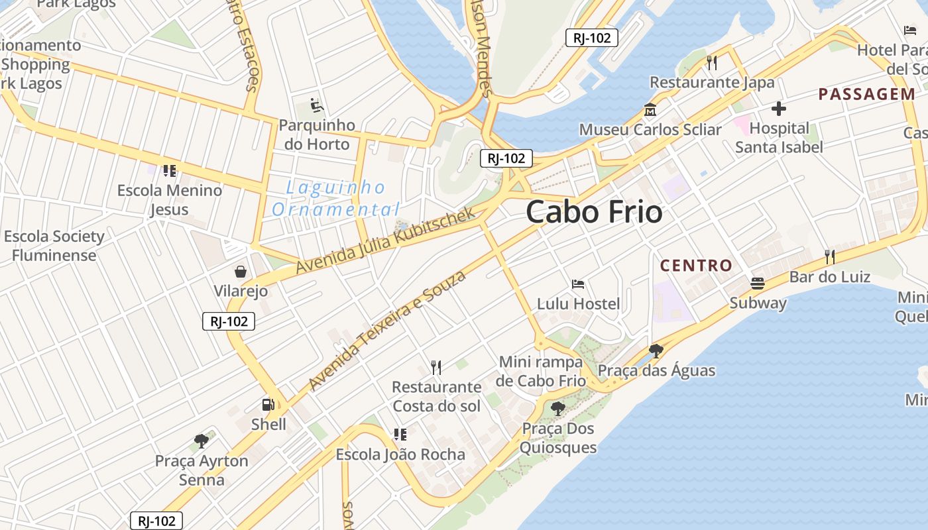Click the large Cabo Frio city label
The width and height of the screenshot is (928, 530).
[594, 212]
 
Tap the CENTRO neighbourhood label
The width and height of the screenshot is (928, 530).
[696, 266]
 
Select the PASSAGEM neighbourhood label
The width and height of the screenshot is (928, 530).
[867, 94]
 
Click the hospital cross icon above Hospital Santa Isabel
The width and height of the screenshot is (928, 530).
[779, 108]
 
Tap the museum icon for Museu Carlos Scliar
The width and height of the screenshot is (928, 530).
[650, 110]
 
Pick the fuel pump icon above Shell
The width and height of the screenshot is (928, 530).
[268, 404]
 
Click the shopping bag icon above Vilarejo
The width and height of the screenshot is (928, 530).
[240, 272]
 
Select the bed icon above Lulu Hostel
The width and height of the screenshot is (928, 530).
[578, 284]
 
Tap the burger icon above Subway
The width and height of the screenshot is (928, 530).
[758, 284]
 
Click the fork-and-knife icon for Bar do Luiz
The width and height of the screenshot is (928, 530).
[829, 256]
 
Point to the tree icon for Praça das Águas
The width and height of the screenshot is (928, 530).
[656, 350]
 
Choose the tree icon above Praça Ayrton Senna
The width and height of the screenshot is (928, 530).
[202, 441]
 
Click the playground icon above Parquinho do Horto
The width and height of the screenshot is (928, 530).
[316, 105]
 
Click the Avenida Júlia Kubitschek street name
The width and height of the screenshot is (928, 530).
[386, 240]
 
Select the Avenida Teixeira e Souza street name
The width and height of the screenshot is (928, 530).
[387, 331]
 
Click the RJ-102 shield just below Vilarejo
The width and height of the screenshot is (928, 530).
[229, 321]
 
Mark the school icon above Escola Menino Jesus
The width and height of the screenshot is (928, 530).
[170, 171]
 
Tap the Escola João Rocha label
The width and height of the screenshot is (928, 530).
[400, 454]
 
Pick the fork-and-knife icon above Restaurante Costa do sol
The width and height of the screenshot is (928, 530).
[436, 367]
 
